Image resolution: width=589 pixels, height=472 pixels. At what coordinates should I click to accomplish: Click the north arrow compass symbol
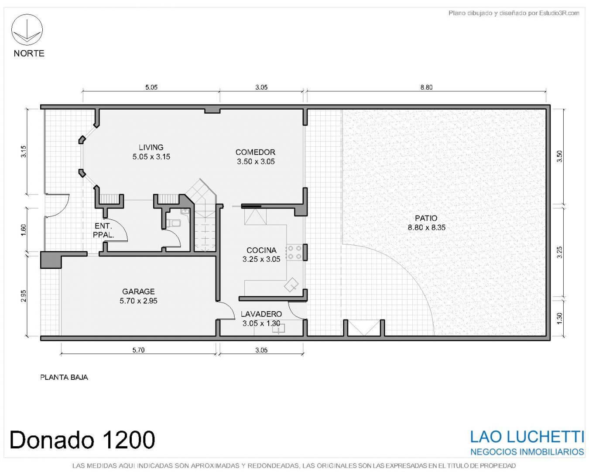pos(27,30)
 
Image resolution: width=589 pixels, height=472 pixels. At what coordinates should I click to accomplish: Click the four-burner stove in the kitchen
pos(294,253)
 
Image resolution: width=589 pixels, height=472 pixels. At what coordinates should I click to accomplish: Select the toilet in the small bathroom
pos(174,223)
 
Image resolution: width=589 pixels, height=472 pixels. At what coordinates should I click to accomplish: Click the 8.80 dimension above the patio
pos(426,87)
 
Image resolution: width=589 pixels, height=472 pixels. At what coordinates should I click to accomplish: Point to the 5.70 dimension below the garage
pos(138,350)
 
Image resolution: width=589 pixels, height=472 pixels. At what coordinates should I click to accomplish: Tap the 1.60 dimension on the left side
pos(24,230)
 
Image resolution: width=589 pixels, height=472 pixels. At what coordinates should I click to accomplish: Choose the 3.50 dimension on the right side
pos(559,156)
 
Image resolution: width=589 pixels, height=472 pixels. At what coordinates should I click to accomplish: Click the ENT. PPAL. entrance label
pos(103,230)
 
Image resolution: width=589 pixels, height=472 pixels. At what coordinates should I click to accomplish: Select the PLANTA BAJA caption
pos(64,377)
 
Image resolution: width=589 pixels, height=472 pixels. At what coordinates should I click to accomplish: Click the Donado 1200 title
pos(82,440)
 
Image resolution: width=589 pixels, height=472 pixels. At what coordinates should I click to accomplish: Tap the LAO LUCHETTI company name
pos(527,437)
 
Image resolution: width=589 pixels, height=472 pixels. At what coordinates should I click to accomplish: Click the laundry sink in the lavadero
pos(278,328)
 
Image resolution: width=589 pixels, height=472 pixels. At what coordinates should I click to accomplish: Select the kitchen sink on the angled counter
pos(291,285)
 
